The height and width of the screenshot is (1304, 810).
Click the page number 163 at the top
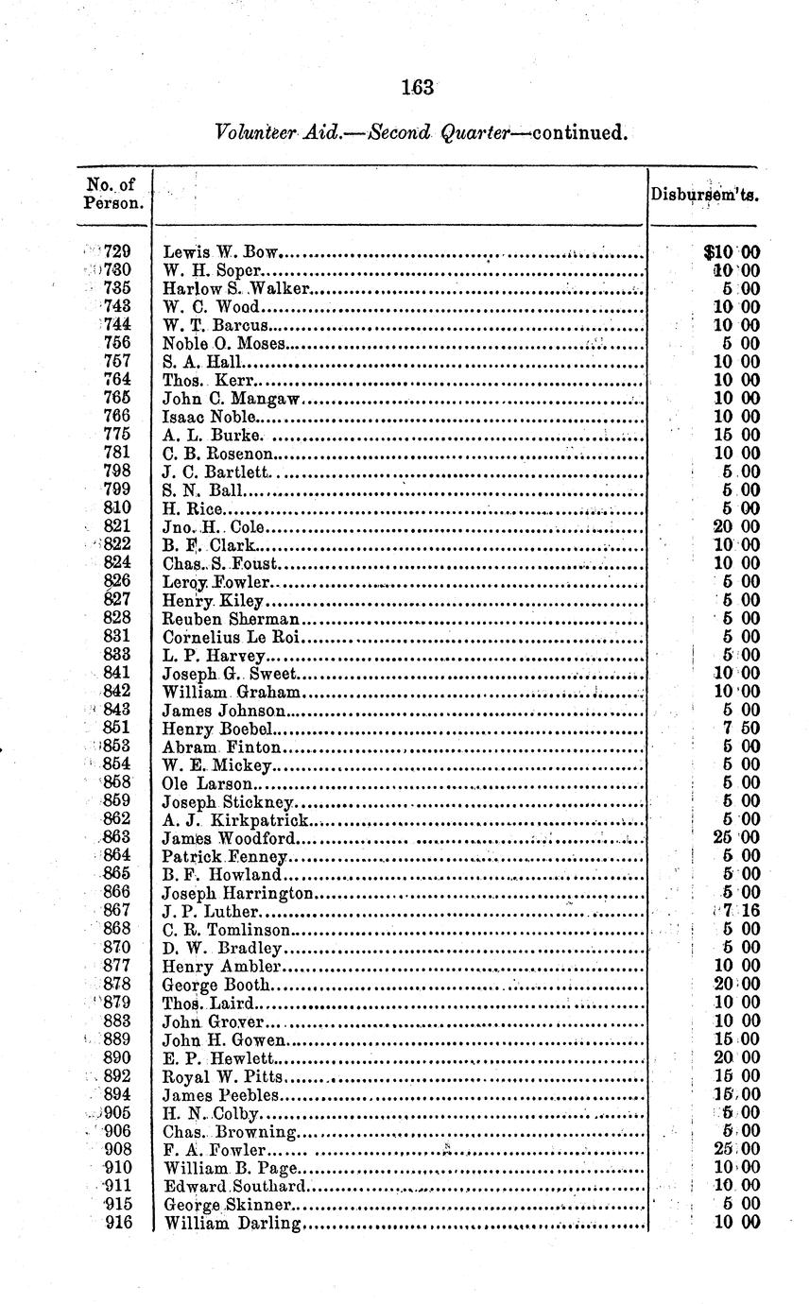tap(416, 88)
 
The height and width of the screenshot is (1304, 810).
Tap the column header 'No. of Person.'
tap(113, 194)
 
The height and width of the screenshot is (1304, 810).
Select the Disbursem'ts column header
tap(704, 196)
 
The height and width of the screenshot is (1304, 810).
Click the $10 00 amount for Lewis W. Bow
tap(732, 252)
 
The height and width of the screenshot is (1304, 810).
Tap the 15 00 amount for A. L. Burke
tap(736, 435)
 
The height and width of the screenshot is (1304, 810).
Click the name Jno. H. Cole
tap(215, 526)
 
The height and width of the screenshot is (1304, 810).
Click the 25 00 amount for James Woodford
tap(736, 838)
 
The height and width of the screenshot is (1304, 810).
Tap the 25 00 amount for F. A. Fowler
tap(736, 1149)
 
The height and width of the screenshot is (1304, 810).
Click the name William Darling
tap(233, 1224)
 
